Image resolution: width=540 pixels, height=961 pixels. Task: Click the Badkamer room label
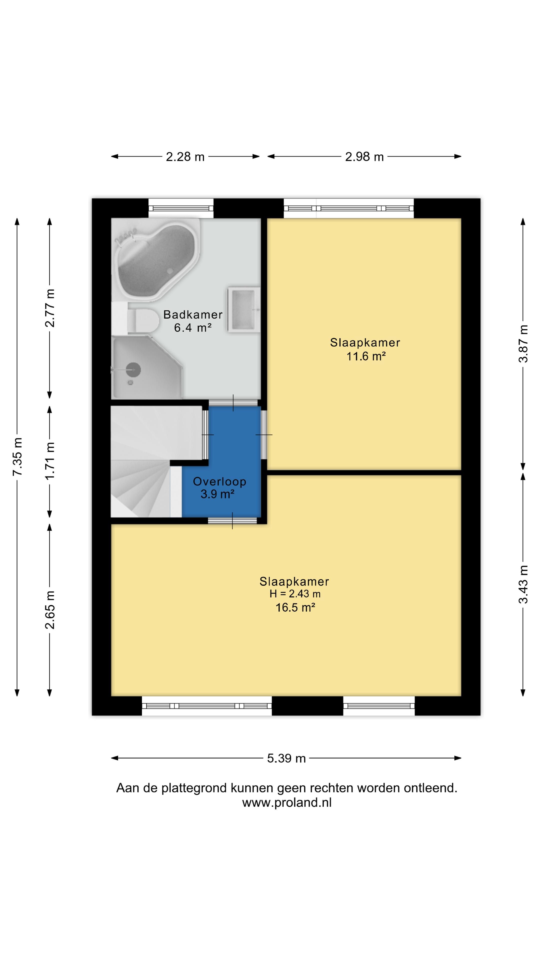coord(193,315)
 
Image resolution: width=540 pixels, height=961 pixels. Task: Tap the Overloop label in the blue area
coord(219,482)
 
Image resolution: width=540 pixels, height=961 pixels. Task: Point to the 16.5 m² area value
coord(295,607)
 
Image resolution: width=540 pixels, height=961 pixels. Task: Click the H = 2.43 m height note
coord(295,594)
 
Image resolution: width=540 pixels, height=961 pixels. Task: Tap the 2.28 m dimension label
coord(185,157)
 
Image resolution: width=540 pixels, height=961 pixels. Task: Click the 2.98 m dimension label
coord(364,157)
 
